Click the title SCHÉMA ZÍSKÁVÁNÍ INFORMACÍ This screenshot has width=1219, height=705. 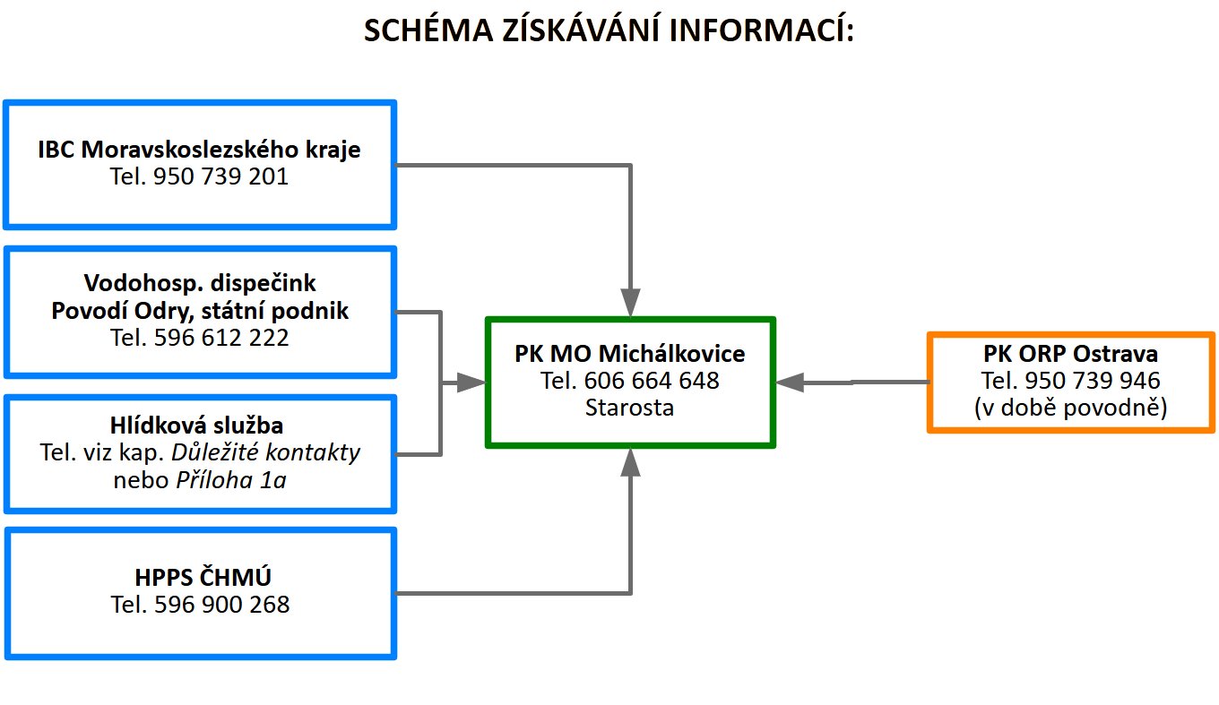(609, 31)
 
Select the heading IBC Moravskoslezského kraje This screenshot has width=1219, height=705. (199, 150)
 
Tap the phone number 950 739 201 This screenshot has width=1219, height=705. (220, 176)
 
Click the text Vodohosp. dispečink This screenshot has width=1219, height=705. (200, 284)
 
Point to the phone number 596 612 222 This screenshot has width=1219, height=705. (221, 338)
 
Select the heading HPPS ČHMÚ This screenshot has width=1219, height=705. (200, 578)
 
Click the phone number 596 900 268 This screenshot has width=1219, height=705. (221, 605)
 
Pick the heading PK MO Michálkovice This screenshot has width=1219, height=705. (629, 354)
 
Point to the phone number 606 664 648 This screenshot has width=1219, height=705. (651, 381)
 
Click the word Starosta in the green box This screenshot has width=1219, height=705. (629, 408)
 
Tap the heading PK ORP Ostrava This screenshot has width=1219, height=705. (1070, 354)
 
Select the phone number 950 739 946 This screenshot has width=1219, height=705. (1092, 381)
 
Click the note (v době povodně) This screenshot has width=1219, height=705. (1070, 408)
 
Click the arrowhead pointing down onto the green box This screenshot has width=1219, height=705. (631, 301)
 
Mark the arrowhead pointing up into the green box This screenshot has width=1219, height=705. (631, 462)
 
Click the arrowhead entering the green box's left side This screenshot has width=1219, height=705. (470, 383)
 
